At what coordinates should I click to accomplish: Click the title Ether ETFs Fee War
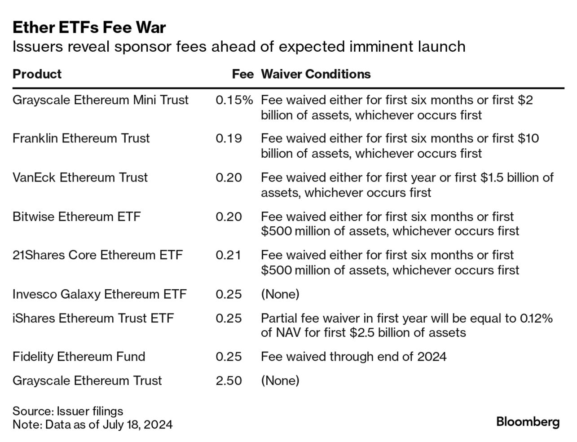[x=89, y=28]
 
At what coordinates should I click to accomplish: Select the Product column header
[x=37, y=74]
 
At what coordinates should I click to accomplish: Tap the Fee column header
[x=242, y=74]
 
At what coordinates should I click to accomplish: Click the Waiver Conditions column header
[x=316, y=74]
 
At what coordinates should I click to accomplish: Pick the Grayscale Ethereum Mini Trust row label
[x=100, y=100]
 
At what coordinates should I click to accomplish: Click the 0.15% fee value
[x=234, y=100]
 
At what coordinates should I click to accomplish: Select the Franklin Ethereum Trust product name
[x=81, y=138]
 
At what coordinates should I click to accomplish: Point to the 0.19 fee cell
[x=229, y=138]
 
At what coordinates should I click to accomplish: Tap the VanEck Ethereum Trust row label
[x=80, y=177]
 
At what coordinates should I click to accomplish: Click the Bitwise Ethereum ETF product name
[x=76, y=217]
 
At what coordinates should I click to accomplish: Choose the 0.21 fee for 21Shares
[x=228, y=255]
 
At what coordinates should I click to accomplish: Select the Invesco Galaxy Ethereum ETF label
[x=99, y=294]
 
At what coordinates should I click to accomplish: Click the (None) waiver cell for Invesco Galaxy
[x=280, y=294]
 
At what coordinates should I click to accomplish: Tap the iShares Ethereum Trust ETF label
[x=93, y=318]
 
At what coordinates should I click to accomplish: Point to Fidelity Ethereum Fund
[x=79, y=357]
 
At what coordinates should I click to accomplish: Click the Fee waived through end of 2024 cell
[x=353, y=357]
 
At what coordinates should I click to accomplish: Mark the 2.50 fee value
[x=229, y=380]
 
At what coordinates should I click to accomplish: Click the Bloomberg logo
[x=528, y=422]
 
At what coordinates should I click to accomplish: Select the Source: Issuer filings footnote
[x=67, y=411]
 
